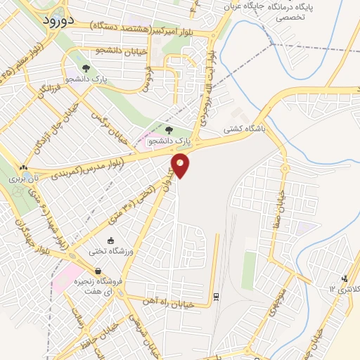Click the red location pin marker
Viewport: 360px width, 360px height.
[x=181, y=165]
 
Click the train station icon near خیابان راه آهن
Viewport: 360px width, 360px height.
[x=217, y=297]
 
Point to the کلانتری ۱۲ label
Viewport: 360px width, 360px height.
[x=342, y=289]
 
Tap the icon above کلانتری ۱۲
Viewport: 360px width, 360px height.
[x=344, y=278]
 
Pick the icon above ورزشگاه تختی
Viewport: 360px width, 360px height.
[x=110, y=241]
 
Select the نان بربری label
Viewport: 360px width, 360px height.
[x=21, y=179]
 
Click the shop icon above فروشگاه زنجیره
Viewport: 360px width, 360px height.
[x=98, y=271]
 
